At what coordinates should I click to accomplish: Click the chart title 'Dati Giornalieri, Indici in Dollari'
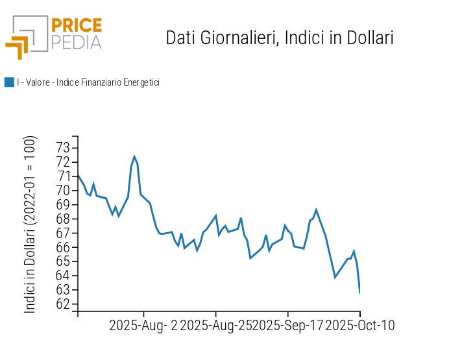(x=280, y=38)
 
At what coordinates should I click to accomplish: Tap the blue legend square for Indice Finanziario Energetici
(x=9, y=82)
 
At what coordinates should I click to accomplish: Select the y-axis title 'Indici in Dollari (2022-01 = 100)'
(x=30, y=224)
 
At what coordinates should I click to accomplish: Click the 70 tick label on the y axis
(x=63, y=191)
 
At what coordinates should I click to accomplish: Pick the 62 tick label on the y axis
(x=63, y=305)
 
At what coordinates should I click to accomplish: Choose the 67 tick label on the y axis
(x=63, y=234)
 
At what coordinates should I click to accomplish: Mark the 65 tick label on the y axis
(x=63, y=262)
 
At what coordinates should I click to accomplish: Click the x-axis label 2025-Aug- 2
(x=143, y=326)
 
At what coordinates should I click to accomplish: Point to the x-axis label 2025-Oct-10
(x=360, y=326)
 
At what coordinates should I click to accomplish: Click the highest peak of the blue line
(x=134, y=156)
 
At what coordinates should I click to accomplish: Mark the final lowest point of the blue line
(x=359, y=292)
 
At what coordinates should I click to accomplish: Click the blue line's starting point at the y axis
(x=79, y=176)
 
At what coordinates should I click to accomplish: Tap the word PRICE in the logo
(x=77, y=26)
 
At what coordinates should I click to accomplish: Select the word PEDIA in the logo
(x=77, y=42)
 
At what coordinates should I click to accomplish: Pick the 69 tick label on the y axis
(x=63, y=205)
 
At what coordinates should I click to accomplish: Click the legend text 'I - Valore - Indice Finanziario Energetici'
(x=88, y=82)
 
